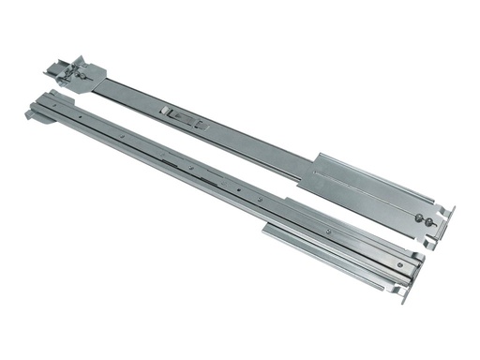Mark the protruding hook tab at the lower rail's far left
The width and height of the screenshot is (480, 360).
(31, 114)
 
